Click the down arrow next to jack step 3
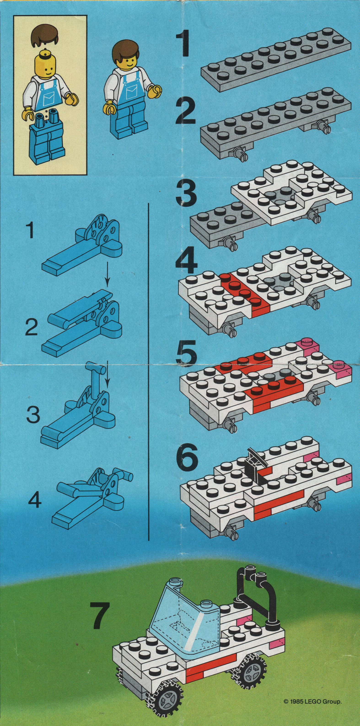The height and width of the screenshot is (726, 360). pos(107,374)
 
